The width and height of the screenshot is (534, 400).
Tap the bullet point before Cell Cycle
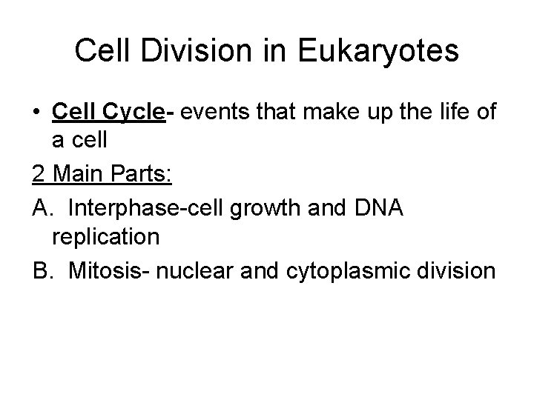tap(37, 113)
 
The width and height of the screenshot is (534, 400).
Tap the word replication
tap(105, 239)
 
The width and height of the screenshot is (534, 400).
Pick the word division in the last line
tap(459, 270)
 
